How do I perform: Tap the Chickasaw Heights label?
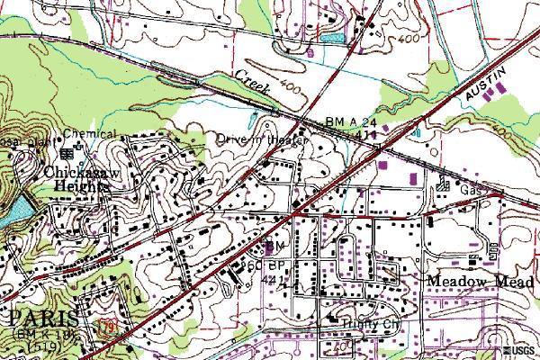(x=76, y=177)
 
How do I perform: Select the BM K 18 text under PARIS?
(x=38, y=335)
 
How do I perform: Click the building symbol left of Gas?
(x=443, y=187)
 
